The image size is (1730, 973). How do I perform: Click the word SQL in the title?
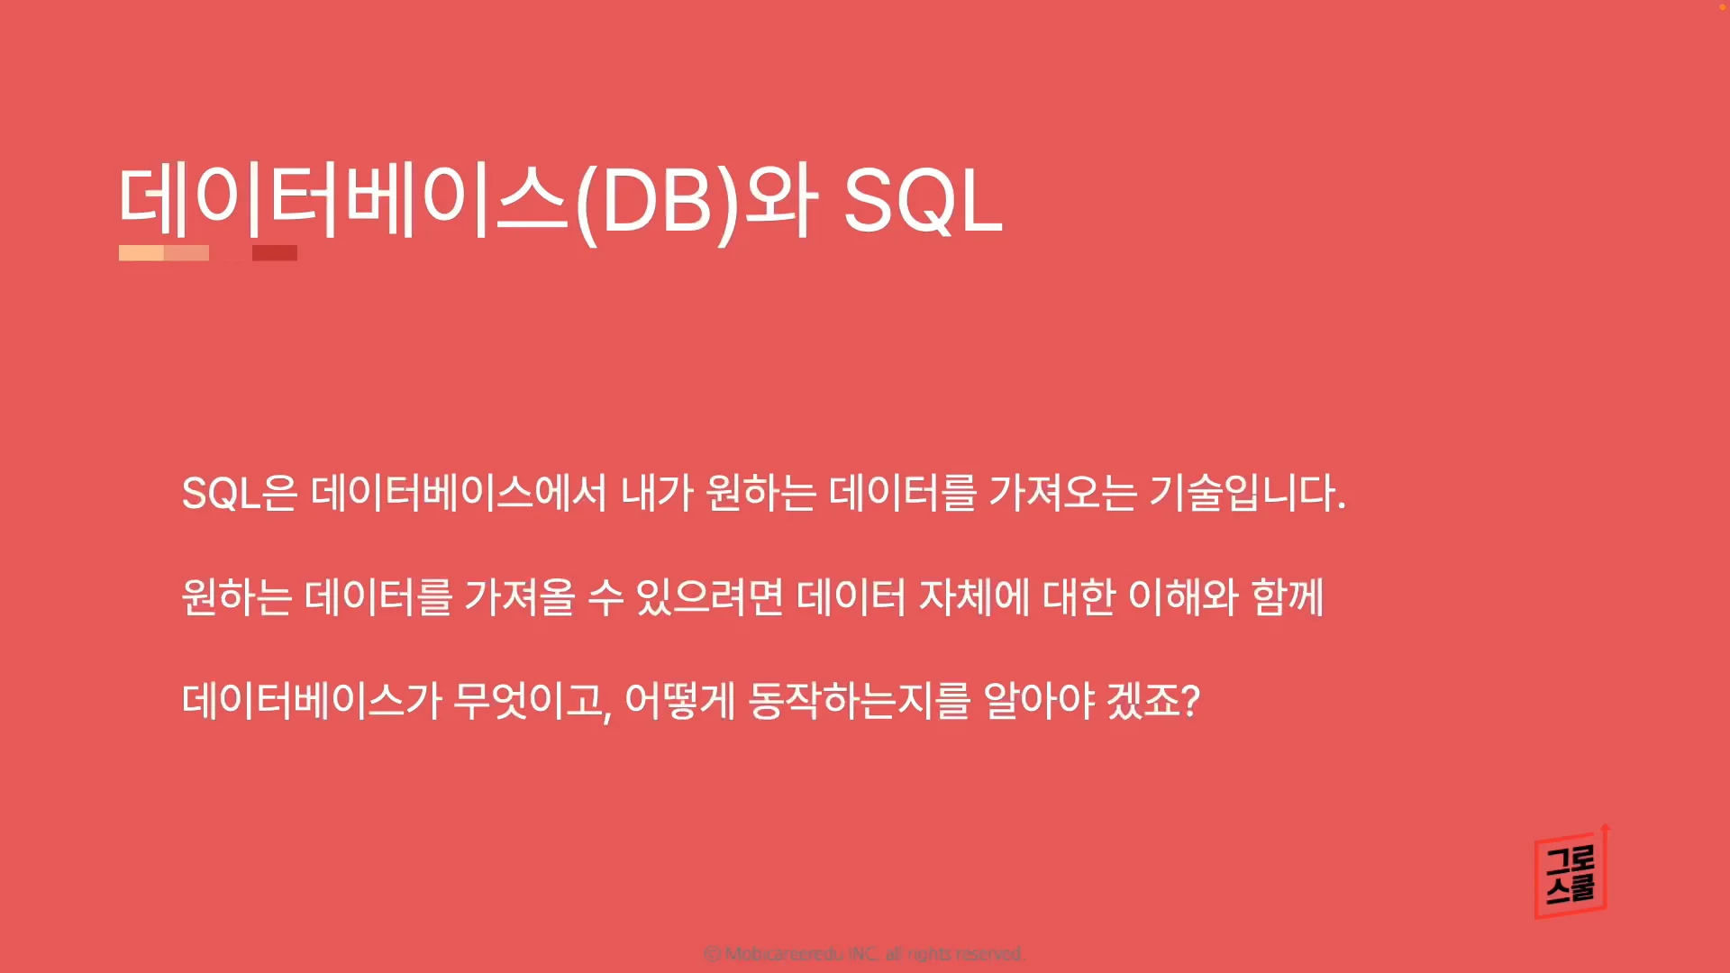tap(922, 202)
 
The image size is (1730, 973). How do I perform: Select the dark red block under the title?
tap(275, 253)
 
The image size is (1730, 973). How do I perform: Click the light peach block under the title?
tap(141, 253)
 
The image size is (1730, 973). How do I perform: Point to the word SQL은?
tap(239, 494)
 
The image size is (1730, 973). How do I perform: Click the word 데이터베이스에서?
tap(459, 494)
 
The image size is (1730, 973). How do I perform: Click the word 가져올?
tap(520, 597)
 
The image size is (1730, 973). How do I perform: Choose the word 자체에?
tap(974, 597)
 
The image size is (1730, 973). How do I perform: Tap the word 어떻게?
tap(680, 701)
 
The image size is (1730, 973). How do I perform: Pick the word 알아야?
tap(1039, 701)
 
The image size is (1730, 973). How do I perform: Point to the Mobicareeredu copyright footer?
tap(864, 953)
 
